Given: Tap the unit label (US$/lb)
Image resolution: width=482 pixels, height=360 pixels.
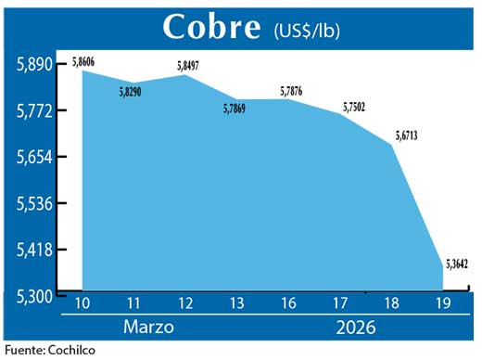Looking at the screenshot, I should tap(308, 30).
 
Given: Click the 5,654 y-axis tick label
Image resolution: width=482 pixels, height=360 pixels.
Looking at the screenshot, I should tap(34, 157).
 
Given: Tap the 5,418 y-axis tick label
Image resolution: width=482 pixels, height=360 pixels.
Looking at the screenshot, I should tap(34, 250).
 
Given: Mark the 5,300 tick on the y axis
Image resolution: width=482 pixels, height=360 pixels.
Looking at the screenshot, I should tap(34, 296).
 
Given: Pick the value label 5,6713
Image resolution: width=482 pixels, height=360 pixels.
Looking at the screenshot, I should tap(406, 135).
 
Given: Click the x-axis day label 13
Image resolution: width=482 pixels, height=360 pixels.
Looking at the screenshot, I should tap(237, 302).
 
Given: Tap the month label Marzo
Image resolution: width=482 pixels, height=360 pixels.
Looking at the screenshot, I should tap(150, 327).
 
